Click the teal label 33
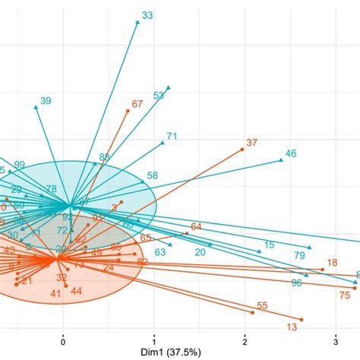147,14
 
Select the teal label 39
46,101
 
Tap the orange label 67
137,104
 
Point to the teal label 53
159,96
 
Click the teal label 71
172,137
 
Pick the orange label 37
252,143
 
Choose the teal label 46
290,153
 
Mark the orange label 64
196,226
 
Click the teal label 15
269,245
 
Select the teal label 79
299,255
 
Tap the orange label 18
331,263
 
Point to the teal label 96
296,283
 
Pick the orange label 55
262,306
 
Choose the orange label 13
292,327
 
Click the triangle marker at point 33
137,22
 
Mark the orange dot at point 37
242,150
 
